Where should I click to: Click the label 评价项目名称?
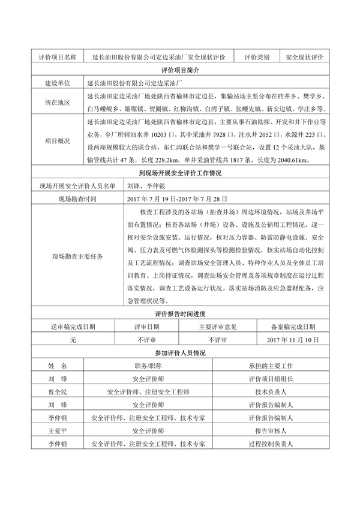point(58,57)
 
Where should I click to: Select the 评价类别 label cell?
point(256,57)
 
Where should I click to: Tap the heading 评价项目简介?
point(180,70)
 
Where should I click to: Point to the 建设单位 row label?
point(58,83)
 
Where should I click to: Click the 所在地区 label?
point(58,103)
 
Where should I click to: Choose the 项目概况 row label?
point(58,141)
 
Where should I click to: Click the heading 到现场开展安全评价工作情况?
point(180,173)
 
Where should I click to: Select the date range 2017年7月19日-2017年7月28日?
point(174,199)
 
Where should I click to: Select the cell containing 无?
point(73,340)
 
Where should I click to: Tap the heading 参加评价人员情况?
point(180,353)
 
